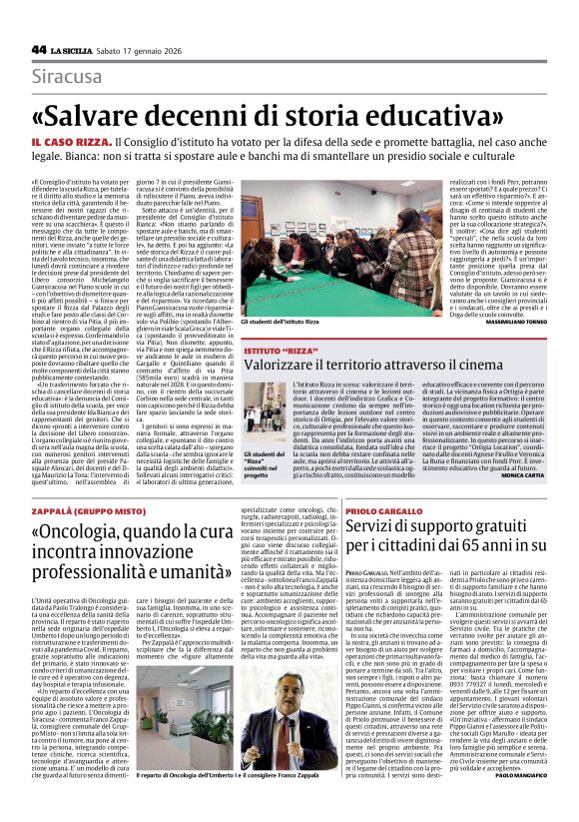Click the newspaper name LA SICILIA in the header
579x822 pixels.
[75, 49]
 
